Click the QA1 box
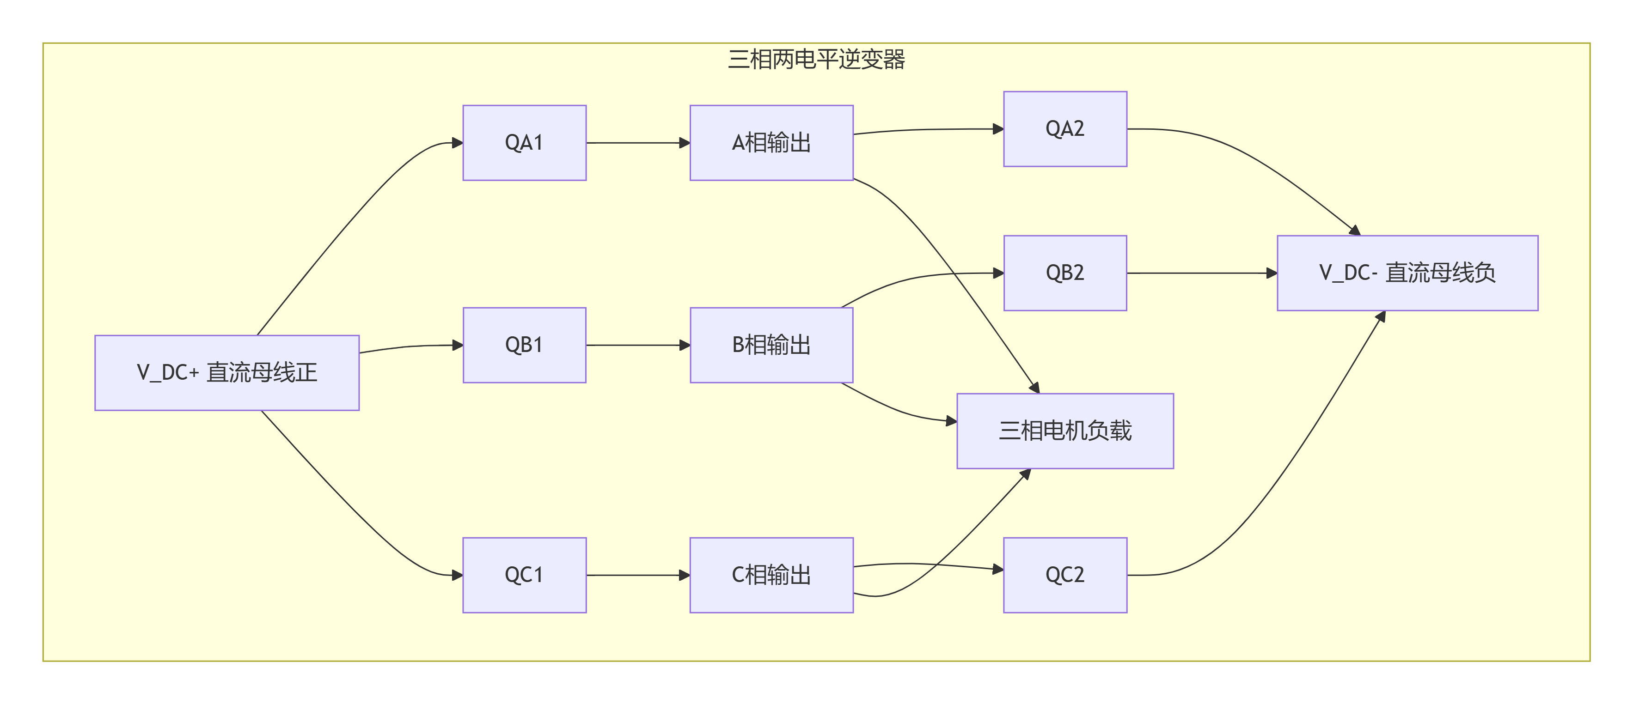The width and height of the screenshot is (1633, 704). tap(524, 143)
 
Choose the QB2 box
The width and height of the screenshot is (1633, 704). tap(1065, 273)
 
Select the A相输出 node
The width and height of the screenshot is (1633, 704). tap(771, 143)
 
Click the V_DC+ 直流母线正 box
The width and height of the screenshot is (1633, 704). tap(227, 373)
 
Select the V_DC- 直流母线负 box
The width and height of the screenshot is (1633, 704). tap(1407, 273)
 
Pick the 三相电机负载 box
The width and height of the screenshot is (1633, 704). tap(1065, 431)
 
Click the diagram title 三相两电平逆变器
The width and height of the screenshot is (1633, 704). tap(816, 59)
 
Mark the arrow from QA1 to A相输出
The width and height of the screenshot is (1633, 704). tap(638, 143)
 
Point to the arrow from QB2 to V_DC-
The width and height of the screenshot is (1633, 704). tap(1202, 273)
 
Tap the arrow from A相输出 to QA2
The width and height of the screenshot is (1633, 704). tap(929, 129)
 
